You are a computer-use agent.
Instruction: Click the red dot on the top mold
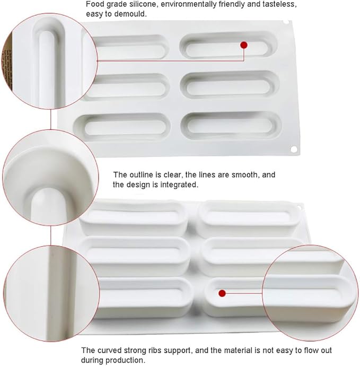pyautogui.click(x=244, y=46)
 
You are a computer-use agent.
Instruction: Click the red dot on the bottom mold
pyautogui.click(x=222, y=293)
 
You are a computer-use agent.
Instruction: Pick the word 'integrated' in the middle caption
pyautogui.click(x=179, y=185)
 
